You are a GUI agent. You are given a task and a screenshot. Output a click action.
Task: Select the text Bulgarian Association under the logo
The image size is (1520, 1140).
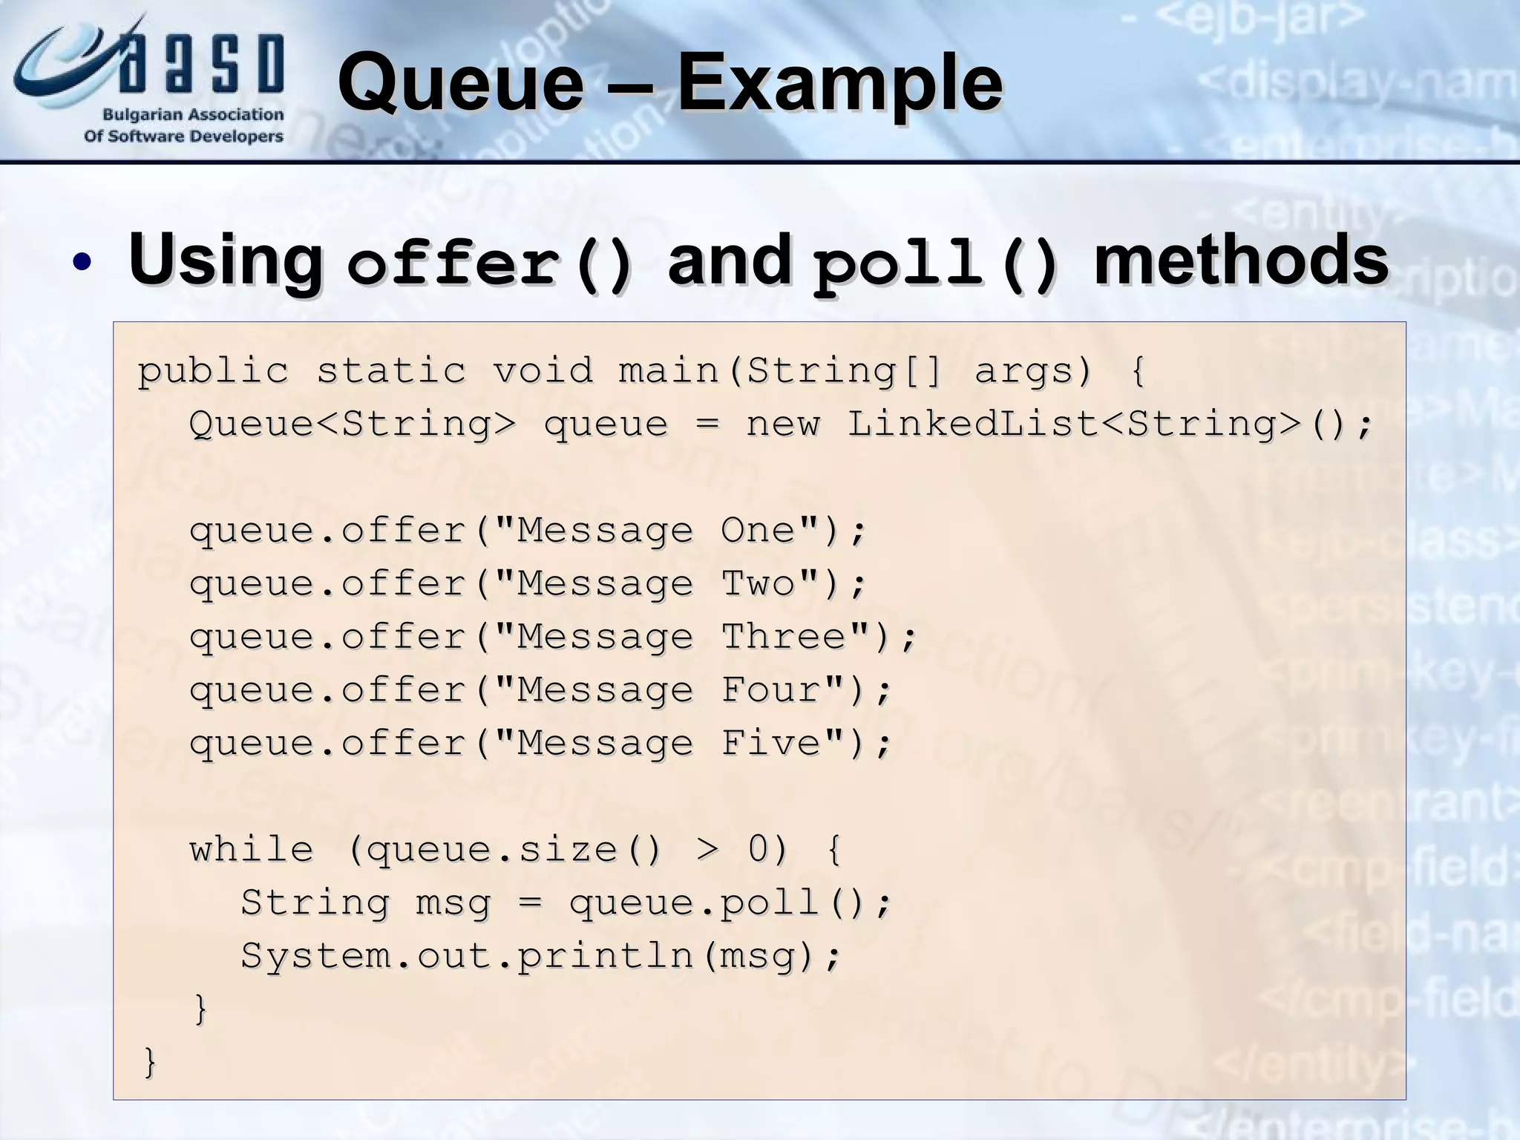193,115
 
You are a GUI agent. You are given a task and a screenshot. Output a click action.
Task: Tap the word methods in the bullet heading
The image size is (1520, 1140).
1240,260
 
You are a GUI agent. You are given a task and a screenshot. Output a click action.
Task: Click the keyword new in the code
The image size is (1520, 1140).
783,425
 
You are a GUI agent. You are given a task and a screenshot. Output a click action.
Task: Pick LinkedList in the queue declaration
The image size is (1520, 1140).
972,425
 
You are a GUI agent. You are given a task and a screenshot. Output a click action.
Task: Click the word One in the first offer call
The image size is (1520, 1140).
758,531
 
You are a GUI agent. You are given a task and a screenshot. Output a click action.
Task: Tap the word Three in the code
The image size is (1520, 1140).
784,637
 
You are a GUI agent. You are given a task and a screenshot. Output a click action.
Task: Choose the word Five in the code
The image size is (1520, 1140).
771,743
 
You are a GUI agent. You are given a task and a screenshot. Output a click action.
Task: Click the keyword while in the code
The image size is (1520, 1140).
252,850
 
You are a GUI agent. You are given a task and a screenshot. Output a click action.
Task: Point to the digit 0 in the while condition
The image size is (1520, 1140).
759,850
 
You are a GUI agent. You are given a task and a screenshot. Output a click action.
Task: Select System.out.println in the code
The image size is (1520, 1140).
468,956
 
